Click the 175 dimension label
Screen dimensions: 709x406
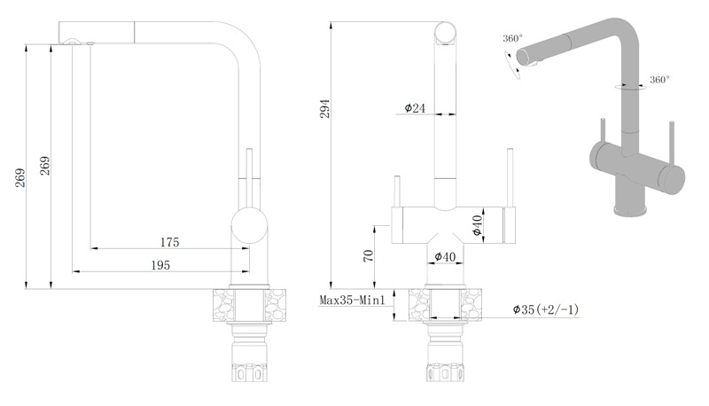[169, 242]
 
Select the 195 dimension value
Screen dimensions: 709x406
[160, 265]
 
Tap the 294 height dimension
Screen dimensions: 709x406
[325, 108]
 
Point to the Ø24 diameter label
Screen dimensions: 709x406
[415, 108]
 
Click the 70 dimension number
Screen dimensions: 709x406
[369, 255]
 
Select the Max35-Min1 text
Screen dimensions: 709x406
[352, 301]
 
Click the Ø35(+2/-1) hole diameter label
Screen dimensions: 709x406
[545, 309]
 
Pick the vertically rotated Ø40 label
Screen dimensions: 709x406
[477, 225]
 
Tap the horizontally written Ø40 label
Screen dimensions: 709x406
[445, 257]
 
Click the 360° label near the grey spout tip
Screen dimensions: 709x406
[513, 38]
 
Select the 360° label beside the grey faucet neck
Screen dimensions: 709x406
[659, 80]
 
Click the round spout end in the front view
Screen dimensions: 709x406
[445, 33]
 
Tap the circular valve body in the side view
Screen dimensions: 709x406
[250, 226]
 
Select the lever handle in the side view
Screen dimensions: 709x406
[250, 177]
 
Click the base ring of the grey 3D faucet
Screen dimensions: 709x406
[629, 210]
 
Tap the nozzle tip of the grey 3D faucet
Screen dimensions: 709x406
[525, 59]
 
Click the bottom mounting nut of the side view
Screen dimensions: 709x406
[249, 371]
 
